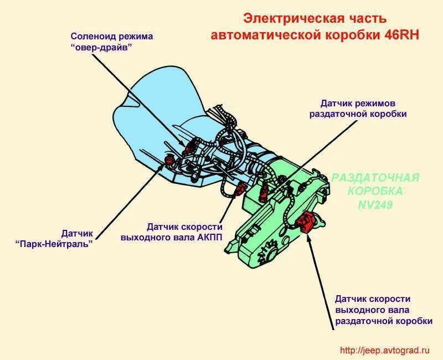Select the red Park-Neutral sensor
(169, 160)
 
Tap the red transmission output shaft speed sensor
(241, 190)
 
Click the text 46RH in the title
(402, 34)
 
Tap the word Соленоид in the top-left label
(91, 37)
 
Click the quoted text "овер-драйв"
(102, 47)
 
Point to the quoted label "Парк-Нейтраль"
(53, 243)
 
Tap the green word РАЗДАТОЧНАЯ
(375, 178)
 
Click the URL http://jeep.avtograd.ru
(384, 350)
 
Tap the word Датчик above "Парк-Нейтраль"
(78, 233)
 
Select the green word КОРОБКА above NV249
(375, 191)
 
